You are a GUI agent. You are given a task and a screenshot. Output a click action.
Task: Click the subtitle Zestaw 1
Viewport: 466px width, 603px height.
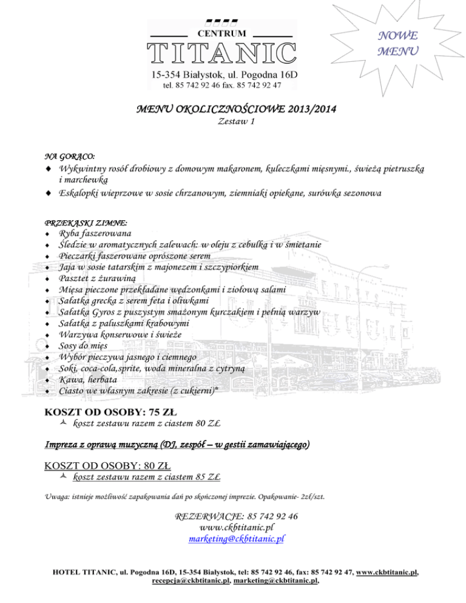pos(233,122)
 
